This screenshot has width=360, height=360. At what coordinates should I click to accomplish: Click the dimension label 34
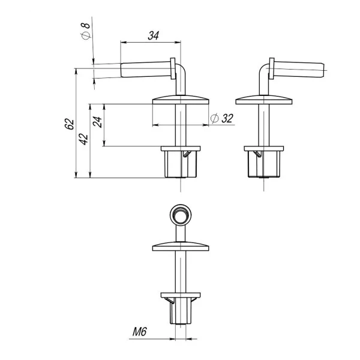tap(153, 35)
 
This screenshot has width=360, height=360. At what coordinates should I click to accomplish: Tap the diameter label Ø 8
tap(86, 31)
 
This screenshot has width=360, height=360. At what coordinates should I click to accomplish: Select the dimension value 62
tap(70, 124)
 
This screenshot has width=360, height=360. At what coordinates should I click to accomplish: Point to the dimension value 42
tap(84, 139)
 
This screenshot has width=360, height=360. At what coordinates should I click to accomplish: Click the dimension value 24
tap(97, 122)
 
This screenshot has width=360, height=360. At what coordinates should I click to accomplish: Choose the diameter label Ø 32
tap(222, 118)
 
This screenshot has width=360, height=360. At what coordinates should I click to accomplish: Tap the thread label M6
tap(139, 332)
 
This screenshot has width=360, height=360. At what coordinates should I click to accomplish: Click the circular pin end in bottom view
tap(181, 215)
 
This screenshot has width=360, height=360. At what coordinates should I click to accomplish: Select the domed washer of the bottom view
tap(181, 246)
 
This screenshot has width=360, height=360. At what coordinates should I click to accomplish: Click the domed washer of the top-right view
tap(264, 100)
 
